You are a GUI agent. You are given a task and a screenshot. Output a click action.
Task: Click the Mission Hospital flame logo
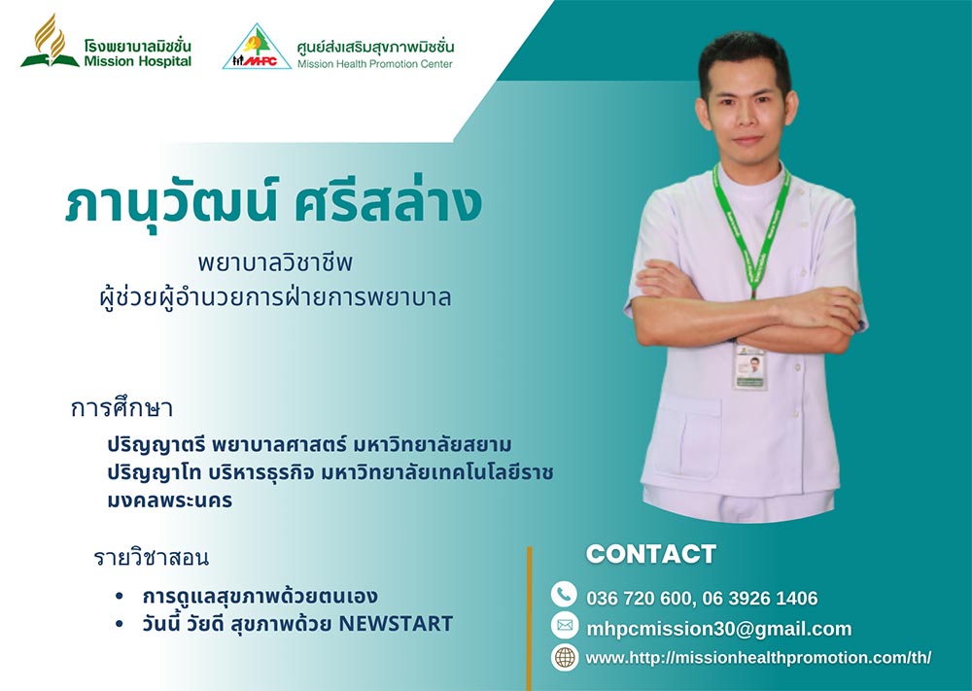point(51,41)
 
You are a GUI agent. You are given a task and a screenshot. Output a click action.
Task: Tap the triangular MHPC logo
point(257,47)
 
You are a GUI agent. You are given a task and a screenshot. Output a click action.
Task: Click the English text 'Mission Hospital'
point(138,61)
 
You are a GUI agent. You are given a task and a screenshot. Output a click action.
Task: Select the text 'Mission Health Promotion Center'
point(375,64)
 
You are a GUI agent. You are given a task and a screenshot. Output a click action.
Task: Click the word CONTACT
point(651,554)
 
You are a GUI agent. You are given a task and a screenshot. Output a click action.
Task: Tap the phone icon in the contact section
point(564,595)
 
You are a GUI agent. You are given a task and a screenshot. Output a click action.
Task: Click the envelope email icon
point(564,626)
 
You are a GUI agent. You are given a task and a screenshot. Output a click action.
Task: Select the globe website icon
point(564,657)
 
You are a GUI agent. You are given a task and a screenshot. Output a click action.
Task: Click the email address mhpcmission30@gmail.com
point(719,629)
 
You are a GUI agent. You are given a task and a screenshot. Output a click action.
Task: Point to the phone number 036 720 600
point(638,598)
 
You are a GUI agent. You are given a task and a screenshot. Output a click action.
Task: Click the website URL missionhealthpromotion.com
point(758,658)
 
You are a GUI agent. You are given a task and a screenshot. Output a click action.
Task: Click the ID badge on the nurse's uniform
point(749,365)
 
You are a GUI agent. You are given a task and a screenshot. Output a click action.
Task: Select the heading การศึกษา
point(121,408)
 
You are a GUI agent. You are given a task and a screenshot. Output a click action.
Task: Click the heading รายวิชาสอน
point(152,557)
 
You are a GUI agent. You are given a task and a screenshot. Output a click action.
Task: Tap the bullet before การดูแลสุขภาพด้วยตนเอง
point(119,596)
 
